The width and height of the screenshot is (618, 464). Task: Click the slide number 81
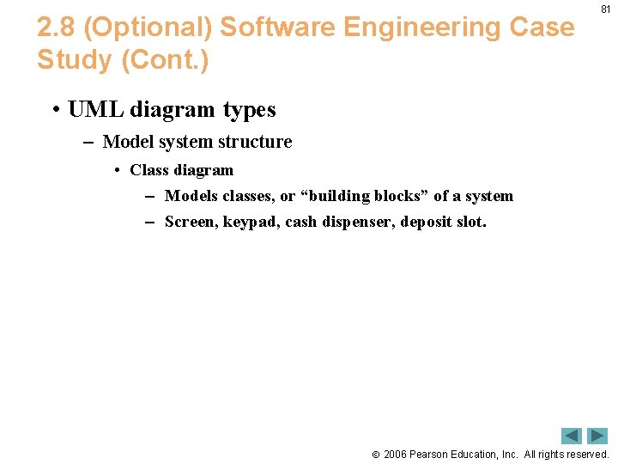pyautogui.click(x=606, y=10)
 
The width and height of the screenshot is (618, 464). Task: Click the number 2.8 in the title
pyautogui.click(x=57, y=27)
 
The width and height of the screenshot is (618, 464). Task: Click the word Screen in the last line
pyautogui.click(x=190, y=222)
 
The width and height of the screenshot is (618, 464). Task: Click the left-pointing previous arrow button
pyautogui.click(x=572, y=436)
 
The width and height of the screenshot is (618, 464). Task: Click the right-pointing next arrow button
pyautogui.click(x=597, y=436)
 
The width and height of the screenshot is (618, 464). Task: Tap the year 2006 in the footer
pyautogui.click(x=396, y=454)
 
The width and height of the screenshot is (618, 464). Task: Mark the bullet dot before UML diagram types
pyautogui.click(x=54, y=111)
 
